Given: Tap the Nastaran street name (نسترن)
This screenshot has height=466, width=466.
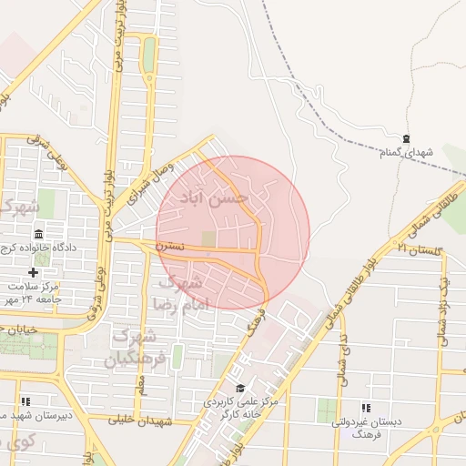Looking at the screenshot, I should (169, 246).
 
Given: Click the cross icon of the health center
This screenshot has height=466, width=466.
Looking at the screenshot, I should (34, 272).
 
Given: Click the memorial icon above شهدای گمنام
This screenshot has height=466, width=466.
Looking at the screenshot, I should (406, 137).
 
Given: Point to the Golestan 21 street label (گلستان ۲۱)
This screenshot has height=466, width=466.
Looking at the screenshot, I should (418, 248).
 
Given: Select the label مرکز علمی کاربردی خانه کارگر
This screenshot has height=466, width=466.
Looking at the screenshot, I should (238, 407).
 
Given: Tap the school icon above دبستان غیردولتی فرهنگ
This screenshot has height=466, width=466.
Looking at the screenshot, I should (366, 408).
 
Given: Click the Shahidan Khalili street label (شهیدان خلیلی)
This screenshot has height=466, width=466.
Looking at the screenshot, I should (140, 420).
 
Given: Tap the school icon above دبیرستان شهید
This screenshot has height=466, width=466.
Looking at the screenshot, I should (25, 400).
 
